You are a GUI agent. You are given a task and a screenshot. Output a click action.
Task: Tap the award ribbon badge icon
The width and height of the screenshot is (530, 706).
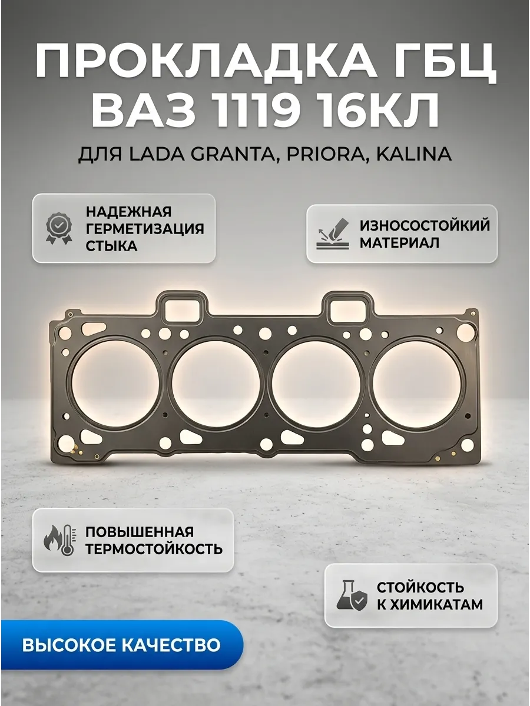coord(58,229)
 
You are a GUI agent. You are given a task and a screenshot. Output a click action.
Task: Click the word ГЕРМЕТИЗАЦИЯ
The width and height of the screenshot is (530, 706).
coord(145,229)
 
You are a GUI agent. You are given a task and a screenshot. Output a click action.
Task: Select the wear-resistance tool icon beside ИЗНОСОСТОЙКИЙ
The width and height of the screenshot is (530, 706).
coord(333,233)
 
